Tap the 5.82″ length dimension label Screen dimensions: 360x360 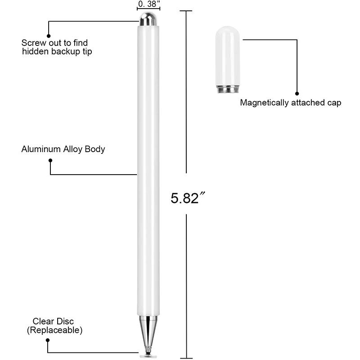185,198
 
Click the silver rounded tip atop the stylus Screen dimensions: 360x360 148,19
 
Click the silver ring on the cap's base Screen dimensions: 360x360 228,90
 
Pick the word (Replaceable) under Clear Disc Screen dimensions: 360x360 54,330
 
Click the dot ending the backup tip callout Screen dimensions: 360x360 49,36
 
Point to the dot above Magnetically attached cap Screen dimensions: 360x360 297,94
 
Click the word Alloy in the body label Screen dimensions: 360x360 72,149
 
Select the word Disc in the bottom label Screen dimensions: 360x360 65,321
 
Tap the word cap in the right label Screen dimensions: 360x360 334,103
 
